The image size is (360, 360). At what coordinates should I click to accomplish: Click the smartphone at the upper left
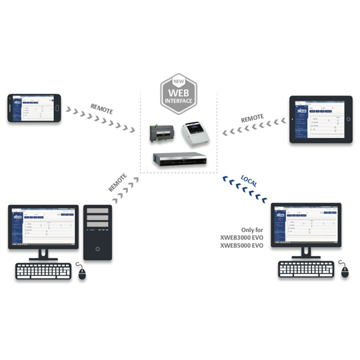pos(35,108)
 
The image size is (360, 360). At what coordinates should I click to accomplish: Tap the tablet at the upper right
pos(320,118)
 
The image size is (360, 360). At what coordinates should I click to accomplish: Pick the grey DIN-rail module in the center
pos(163,134)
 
